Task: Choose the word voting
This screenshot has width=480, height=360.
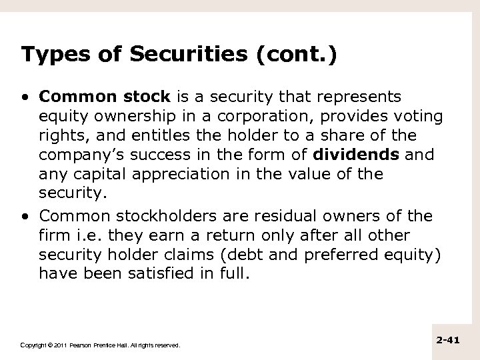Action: point(418,117)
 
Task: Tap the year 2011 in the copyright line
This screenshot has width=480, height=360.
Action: point(57,345)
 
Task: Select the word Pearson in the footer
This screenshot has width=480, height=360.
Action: point(78,345)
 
